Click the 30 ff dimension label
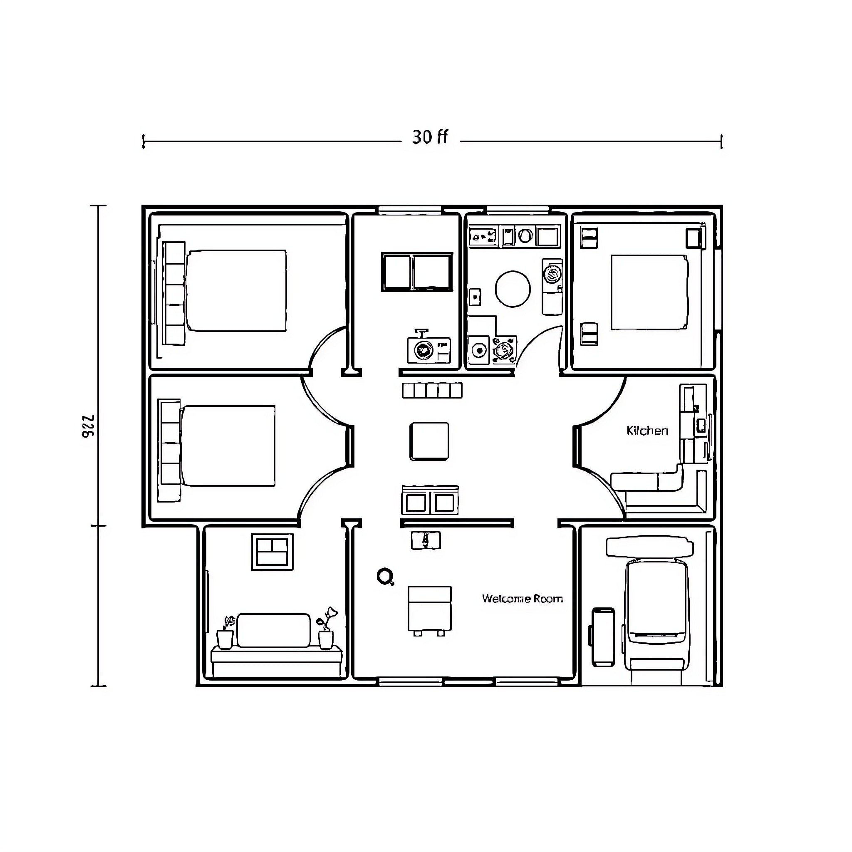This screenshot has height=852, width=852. click(430, 137)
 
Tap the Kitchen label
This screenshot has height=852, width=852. click(647, 431)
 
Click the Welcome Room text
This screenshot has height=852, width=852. click(522, 598)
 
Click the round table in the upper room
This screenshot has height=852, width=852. click(513, 289)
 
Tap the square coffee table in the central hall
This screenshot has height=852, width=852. click(429, 441)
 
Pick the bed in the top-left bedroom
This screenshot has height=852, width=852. click(236, 291)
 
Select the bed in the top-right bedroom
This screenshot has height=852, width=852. click(649, 292)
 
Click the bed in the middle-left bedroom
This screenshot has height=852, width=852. click(228, 446)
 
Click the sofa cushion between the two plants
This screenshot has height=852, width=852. click(273, 630)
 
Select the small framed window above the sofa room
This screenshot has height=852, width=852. click(272, 552)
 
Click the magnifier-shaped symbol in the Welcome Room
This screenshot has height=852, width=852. click(385, 576)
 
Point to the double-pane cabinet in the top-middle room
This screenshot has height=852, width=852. click(417, 272)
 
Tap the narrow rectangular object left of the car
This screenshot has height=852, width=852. click(603, 637)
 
